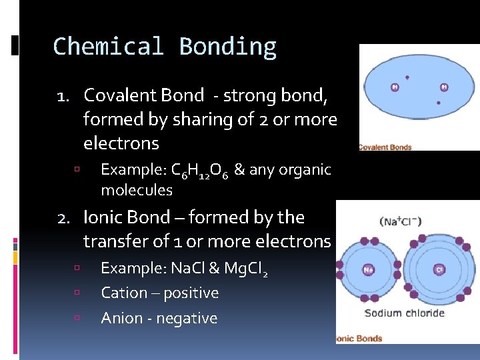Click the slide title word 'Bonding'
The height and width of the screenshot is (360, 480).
(x=227, y=47)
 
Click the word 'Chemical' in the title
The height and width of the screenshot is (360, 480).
(x=108, y=47)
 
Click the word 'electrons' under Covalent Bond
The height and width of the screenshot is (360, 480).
(x=121, y=143)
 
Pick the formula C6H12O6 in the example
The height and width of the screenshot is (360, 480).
(x=200, y=171)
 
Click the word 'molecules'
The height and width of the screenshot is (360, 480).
(x=136, y=191)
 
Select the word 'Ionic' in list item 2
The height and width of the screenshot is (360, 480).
(x=100, y=217)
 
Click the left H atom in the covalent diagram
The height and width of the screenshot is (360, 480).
(x=395, y=87)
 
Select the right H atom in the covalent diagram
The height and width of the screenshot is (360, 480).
(x=444, y=87)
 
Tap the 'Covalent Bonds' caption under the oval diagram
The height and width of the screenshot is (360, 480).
(x=385, y=147)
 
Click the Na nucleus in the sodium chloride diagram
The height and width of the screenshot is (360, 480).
(x=368, y=270)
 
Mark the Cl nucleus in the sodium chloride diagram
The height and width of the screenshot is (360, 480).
(x=439, y=270)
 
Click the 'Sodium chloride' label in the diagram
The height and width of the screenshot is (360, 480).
(x=404, y=313)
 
